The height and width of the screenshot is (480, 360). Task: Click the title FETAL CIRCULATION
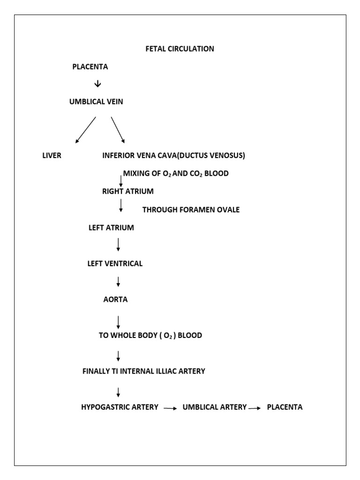coord(180,49)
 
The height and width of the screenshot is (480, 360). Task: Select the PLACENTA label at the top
coord(90,67)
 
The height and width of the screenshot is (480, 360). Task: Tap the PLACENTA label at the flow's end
coord(285,407)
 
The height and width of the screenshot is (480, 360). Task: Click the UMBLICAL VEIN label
coord(96,101)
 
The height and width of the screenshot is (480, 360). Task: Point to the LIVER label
coord(52,156)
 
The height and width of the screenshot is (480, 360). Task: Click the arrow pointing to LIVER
coord(85,129)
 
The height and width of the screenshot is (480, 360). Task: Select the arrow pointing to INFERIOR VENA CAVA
coord(118,129)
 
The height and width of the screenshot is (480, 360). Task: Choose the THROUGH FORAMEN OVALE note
coord(191,210)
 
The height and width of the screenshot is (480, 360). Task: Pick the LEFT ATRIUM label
coord(111,228)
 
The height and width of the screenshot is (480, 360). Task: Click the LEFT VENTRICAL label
coord(115,263)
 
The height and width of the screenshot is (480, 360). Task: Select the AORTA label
coord(115,300)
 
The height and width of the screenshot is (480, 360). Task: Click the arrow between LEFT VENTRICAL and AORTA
coord(119,281)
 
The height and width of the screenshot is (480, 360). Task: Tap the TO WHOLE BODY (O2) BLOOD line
coord(150,336)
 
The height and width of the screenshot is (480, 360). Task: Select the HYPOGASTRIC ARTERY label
coord(120,407)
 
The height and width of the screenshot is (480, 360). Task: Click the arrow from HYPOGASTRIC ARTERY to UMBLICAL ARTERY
coord(170,409)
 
